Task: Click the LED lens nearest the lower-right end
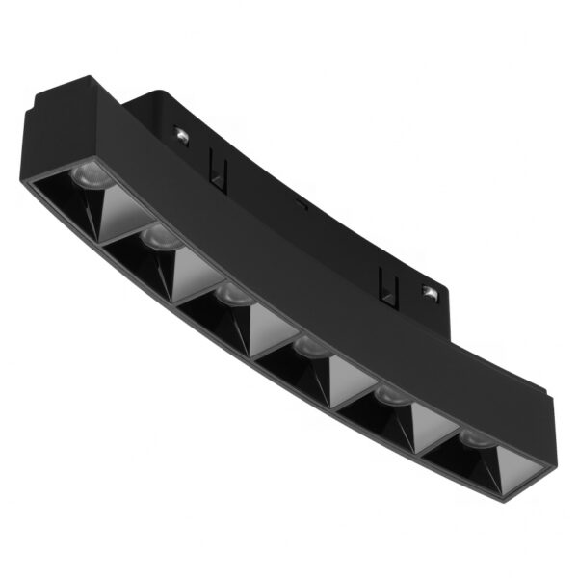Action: point(473,438)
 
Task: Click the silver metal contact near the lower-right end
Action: point(428,289)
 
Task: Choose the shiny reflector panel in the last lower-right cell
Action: point(515,462)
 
